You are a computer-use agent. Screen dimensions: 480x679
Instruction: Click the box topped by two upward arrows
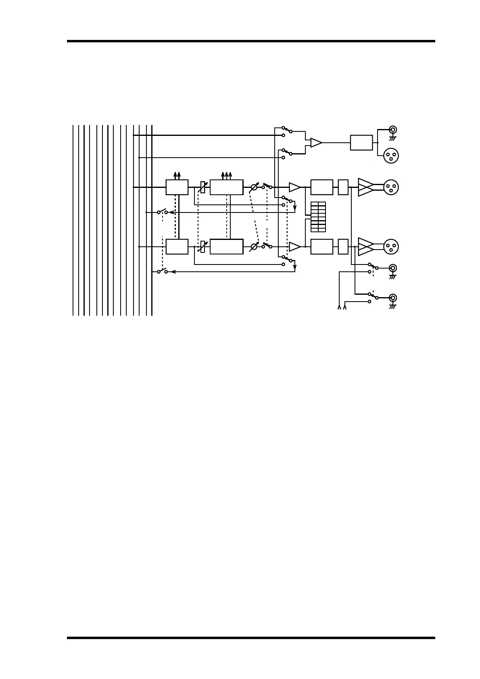[177, 187]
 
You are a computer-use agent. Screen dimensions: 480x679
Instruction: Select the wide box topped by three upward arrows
[226, 187]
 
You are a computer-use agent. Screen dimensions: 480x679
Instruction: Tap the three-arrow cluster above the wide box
[226, 175]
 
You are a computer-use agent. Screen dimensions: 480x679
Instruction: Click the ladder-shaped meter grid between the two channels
[318, 217]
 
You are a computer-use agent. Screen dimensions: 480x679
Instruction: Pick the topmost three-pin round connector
[391, 156]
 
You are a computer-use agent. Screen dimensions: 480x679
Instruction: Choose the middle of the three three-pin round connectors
[391, 187]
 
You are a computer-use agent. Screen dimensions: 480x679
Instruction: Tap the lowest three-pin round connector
[391, 247]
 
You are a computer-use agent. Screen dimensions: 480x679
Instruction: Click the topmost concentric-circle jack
[392, 129]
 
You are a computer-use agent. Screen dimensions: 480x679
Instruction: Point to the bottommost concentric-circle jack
[392, 298]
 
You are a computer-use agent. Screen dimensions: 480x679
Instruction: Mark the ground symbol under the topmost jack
[392, 138]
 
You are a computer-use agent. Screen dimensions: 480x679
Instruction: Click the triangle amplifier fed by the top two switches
[316, 143]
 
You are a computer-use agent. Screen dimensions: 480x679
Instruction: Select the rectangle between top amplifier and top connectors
[361, 143]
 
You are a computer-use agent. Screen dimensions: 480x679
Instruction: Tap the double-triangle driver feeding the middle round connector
[365, 187]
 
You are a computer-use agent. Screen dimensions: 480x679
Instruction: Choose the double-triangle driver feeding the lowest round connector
[365, 247]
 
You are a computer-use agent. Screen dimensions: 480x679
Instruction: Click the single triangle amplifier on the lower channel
[294, 247]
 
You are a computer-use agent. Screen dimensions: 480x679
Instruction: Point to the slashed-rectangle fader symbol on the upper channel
[203, 187]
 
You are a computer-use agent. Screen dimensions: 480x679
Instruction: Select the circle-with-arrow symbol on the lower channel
[254, 247]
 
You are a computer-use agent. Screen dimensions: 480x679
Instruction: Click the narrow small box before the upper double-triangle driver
[343, 187]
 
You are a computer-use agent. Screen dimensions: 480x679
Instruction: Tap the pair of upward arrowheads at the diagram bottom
[342, 308]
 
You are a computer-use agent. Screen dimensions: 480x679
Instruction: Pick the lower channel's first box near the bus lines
[177, 247]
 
